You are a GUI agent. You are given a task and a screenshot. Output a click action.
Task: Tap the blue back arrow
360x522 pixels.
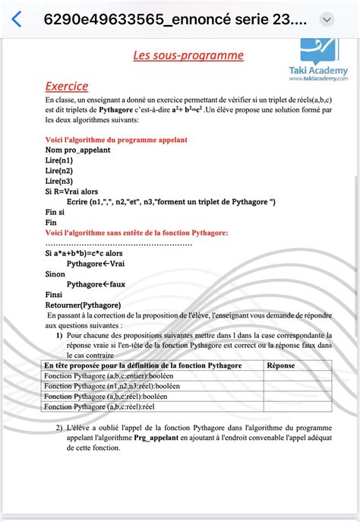(x=17, y=18)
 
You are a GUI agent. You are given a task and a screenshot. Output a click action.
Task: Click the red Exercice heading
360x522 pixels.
(x=67, y=87)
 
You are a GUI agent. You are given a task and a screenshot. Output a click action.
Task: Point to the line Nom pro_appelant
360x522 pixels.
(x=77, y=150)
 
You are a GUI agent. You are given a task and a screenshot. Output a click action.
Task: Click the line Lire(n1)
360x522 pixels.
(x=59, y=160)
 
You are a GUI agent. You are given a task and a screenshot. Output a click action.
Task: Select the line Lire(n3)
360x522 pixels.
(x=59, y=181)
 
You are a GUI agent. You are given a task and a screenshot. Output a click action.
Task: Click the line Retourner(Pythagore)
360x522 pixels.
(x=83, y=305)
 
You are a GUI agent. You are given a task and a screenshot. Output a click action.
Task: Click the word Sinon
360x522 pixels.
(x=55, y=274)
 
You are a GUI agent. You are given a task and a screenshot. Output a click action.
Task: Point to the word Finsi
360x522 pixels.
(x=54, y=294)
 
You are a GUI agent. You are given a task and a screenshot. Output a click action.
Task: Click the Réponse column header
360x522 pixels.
(x=283, y=365)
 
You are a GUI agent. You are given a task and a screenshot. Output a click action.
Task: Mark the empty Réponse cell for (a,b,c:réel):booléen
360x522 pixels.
(x=297, y=397)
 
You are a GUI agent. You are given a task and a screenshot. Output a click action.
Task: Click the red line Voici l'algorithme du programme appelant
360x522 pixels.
(x=116, y=140)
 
